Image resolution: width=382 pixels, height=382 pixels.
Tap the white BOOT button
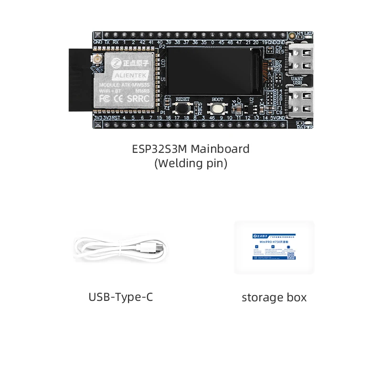(x=217, y=108)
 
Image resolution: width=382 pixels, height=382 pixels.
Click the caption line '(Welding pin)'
(x=191, y=163)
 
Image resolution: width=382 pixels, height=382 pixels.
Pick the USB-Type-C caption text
(x=121, y=297)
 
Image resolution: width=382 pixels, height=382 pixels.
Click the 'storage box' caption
(x=274, y=297)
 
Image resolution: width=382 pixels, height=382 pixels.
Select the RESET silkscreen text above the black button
(x=183, y=99)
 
